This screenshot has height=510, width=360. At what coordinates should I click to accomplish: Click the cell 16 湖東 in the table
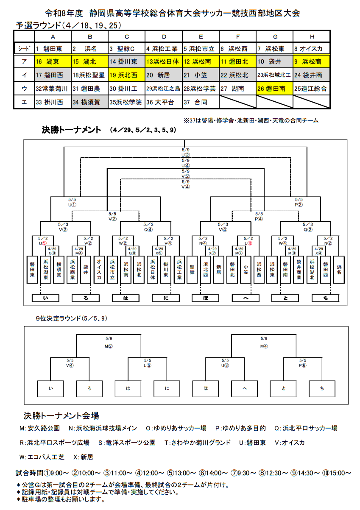click(x=53, y=62)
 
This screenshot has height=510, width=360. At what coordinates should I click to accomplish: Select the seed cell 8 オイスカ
click(x=311, y=48)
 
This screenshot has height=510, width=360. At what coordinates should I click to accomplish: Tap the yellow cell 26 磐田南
click(x=274, y=89)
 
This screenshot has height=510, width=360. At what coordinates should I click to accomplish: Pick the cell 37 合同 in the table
click(x=201, y=102)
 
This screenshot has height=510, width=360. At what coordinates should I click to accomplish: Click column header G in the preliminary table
click(x=275, y=36)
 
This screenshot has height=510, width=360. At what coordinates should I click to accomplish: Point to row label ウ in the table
click(x=24, y=89)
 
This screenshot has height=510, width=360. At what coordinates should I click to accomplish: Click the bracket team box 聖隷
click(x=192, y=270)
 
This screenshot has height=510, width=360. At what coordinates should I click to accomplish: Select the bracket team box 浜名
click(x=339, y=270)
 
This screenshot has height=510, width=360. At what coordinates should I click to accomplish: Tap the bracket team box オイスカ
click(x=99, y=270)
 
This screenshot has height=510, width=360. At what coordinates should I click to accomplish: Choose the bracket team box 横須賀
click(x=59, y=270)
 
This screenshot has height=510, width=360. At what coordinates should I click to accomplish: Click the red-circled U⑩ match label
click(x=248, y=243)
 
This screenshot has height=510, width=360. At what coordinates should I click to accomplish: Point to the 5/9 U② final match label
click(x=186, y=152)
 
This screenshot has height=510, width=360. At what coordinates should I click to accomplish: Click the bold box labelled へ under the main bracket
click(x=246, y=298)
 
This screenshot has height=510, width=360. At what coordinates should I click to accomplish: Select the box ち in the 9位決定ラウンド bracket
click(x=322, y=388)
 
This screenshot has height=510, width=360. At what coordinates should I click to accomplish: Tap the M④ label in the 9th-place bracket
click(x=264, y=346)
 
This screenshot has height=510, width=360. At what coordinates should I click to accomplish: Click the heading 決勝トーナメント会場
click(x=61, y=416)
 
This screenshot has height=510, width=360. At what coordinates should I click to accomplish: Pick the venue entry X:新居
click(x=83, y=457)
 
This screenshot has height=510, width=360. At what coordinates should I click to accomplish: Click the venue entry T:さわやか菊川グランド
click(x=198, y=442)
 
